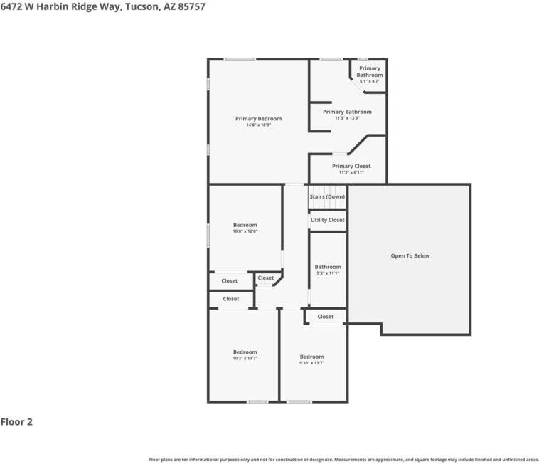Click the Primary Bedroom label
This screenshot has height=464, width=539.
258,118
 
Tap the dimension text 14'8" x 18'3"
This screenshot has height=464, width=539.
258,125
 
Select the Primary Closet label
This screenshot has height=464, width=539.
351,166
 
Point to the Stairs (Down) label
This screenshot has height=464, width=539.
327,196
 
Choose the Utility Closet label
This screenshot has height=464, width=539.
327,220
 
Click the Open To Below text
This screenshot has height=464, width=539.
410,255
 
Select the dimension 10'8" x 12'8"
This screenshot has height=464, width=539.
245,231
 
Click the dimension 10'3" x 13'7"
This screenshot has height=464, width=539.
245,358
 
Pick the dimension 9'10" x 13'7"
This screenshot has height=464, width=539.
311,363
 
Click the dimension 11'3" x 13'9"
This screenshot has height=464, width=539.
347,118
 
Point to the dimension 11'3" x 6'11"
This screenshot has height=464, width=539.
351,172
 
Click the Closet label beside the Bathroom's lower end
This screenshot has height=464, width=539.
325,316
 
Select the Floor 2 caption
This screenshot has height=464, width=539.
16,422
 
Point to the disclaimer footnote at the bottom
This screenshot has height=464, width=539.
343,459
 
